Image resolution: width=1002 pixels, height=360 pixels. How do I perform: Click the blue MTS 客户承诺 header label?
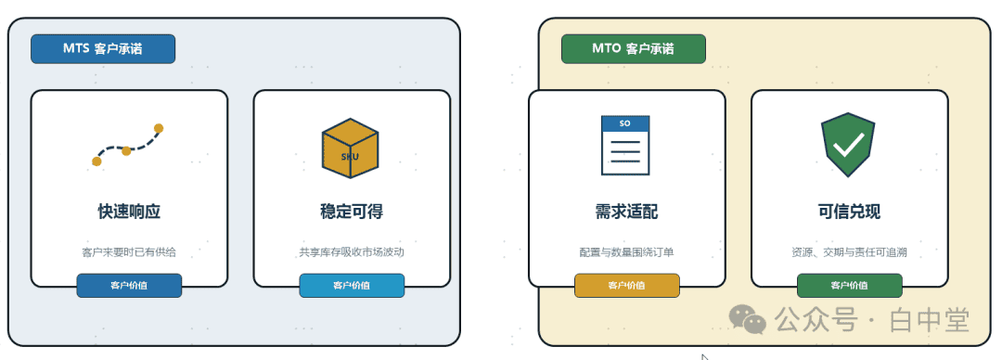(103, 48)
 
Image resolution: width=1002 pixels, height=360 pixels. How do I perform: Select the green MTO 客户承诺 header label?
(634, 48)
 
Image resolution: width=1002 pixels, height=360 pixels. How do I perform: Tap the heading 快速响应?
(129, 212)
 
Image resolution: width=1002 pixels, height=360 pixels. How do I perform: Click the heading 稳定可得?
(352, 212)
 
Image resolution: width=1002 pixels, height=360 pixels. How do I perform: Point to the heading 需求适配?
(626, 212)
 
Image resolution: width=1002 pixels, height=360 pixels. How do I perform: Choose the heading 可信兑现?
(849, 212)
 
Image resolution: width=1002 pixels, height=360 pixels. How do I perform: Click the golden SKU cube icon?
(350, 148)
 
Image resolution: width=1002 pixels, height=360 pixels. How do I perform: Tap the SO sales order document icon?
(625, 145)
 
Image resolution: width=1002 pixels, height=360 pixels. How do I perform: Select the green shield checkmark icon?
(848, 145)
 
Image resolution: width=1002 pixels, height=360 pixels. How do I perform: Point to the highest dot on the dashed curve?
(159, 129)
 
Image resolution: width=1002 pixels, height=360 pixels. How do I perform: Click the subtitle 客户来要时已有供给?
(129, 252)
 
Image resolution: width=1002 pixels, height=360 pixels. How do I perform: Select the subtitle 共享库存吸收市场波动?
(352, 252)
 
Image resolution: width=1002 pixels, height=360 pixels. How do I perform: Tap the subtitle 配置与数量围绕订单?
(626, 252)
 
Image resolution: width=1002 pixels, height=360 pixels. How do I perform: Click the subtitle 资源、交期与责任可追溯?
(849, 252)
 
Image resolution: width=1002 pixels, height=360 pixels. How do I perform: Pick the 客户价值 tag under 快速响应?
(129, 285)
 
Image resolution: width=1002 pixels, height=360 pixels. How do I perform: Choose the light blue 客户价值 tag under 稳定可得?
(352, 285)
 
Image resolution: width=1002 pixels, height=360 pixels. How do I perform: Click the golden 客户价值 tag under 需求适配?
(626, 285)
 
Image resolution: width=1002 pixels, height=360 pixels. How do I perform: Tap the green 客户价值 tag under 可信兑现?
(849, 285)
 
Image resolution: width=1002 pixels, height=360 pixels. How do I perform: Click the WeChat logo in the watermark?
(748, 318)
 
